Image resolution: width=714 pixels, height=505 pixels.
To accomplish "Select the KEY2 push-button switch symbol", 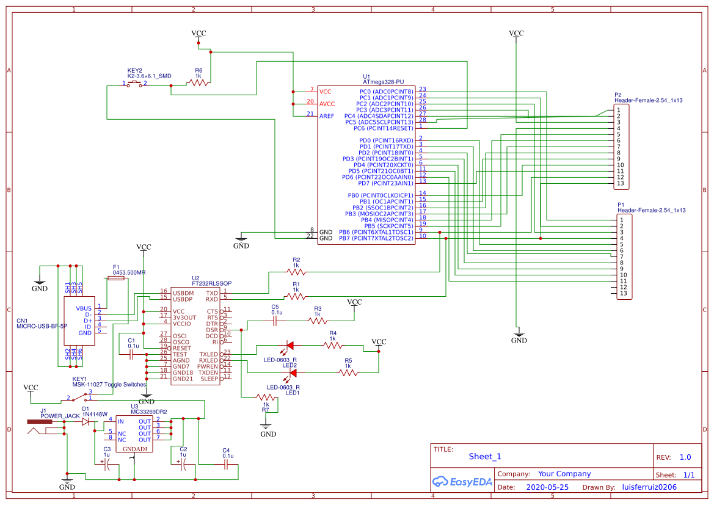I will click(x=135, y=84).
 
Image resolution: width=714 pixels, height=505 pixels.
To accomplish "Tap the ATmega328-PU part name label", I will click(x=383, y=81).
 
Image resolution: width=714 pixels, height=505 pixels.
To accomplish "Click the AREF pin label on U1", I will click(x=327, y=115).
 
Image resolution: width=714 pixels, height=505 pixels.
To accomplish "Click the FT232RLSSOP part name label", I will click(x=211, y=283).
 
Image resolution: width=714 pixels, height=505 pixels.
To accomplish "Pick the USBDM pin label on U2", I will click(x=183, y=293).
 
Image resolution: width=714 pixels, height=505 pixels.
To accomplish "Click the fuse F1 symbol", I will click(x=115, y=278).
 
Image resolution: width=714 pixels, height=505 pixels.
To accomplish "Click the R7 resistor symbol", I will click(x=266, y=398).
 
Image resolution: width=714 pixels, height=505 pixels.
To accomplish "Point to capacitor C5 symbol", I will click(x=275, y=319).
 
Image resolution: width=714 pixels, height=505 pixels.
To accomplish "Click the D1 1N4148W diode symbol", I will click(x=85, y=421).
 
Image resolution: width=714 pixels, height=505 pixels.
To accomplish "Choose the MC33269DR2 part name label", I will click(x=149, y=412).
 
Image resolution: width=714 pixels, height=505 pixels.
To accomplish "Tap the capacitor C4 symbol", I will click(x=227, y=465).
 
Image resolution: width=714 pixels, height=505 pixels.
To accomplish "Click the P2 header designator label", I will click(x=618, y=95).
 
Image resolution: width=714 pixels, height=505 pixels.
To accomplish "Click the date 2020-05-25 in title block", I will click(x=547, y=487).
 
